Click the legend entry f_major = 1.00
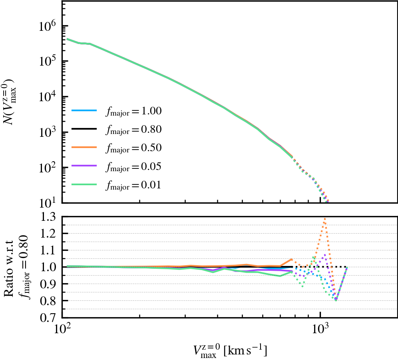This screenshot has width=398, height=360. pyautogui.click(x=133, y=111)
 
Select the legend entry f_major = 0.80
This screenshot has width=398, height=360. pyautogui.click(x=133, y=130)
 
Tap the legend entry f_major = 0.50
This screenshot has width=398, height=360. pyautogui.click(x=133, y=148)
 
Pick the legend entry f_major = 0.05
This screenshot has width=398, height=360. pyautogui.click(x=133, y=166)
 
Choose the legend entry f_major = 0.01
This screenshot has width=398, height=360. pyautogui.click(x=133, y=185)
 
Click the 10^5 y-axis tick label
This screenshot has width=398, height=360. pyautogui.click(x=48, y=62)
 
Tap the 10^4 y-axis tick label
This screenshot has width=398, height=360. pyautogui.click(x=48, y=97)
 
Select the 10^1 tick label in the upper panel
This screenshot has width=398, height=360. pyautogui.click(x=48, y=203)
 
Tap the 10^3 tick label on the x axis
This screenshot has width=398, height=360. pyautogui.click(x=320, y=330)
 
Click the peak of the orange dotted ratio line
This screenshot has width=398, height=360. pyautogui.click(x=325, y=218)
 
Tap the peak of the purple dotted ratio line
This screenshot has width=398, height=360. pyautogui.click(x=325, y=254)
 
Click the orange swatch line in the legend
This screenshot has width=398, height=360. pyautogui.click(x=84, y=148)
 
